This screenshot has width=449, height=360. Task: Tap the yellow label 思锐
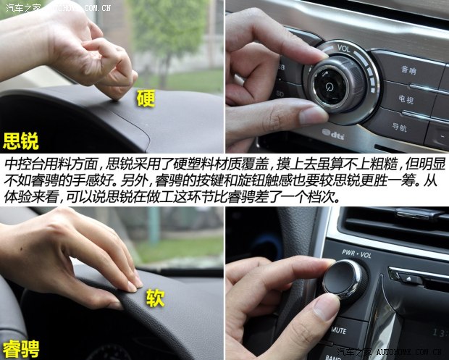(20, 140)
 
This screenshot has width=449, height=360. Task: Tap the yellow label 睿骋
(20, 346)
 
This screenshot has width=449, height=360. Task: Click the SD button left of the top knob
(280, 92)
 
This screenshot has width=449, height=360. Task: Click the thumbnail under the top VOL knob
(313, 114)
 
